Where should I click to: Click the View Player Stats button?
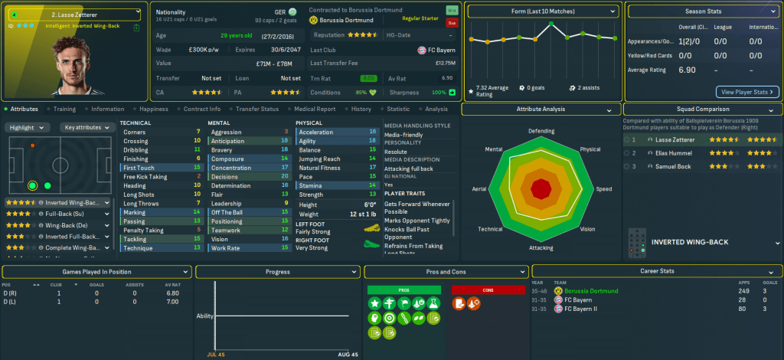coord(747,92)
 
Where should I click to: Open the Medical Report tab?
coord(315,109)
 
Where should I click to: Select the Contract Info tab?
coord(202,109)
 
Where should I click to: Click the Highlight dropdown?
coord(29,127)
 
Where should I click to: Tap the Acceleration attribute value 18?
coord(373,132)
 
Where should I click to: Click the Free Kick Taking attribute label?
coord(145,176)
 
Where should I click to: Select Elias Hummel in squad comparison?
coord(673,153)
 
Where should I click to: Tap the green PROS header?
coord(403,290)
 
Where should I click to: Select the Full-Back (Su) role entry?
coord(58,215)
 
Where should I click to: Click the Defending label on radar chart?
coord(541,131)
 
